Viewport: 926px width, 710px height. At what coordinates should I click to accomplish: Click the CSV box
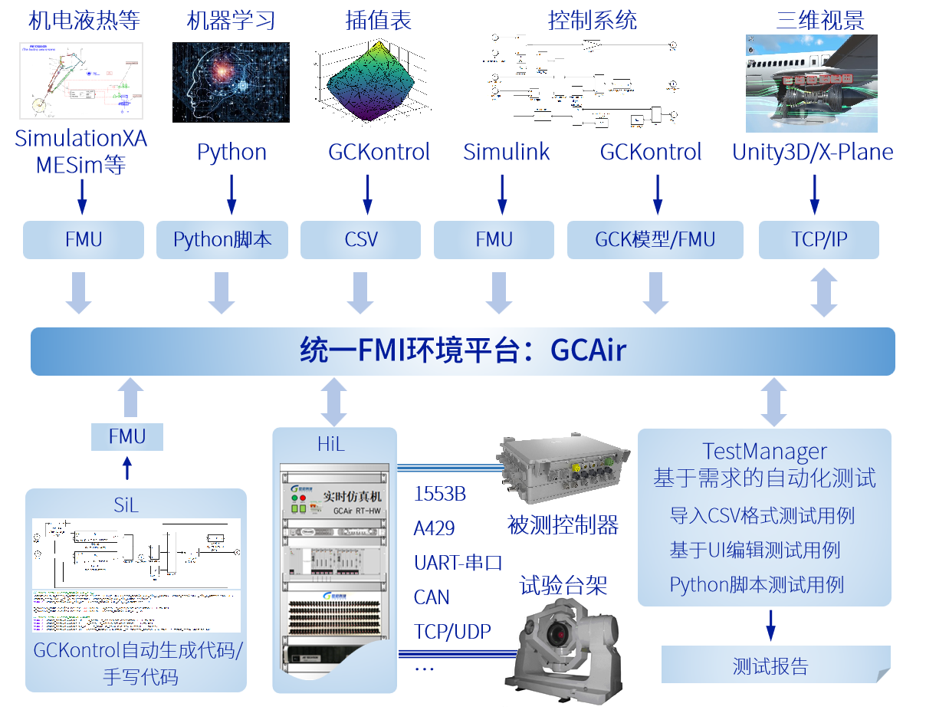coord(360,240)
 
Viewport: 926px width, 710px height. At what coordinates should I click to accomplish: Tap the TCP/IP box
coord(819,240)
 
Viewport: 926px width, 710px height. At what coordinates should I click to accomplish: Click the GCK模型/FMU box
coord(655,240)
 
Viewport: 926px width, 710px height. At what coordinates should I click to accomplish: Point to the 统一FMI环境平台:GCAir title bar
coord(462,351)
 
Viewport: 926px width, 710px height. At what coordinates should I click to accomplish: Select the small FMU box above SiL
coord(127,437)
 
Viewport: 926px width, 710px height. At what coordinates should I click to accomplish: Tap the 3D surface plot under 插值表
coord(370,83)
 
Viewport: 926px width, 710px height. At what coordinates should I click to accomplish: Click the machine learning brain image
coord(231,82)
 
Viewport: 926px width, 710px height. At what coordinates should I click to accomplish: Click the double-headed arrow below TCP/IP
coord(824,291)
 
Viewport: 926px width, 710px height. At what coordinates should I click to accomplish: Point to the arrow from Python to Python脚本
coord(231,194)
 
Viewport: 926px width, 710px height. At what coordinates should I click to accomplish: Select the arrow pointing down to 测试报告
coord(771,625)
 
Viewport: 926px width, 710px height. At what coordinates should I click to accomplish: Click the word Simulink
coord(507,152)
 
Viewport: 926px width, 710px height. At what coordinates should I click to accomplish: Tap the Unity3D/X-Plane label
coord(813,152)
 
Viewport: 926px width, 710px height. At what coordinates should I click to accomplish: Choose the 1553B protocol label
coord(439,495)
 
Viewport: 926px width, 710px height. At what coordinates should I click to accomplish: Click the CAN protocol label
coord(432,597)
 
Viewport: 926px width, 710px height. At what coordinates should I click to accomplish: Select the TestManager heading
coord(764,452)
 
